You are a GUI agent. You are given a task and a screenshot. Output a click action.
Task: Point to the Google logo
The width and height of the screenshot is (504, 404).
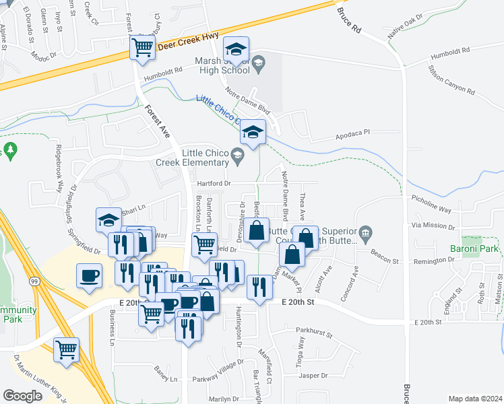[x=22, y=396]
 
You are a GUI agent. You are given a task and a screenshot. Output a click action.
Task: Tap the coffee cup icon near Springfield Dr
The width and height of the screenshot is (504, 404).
[x=89, y=276]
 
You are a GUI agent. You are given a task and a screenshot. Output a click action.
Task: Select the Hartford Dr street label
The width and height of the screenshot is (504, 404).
[x=214, y=183]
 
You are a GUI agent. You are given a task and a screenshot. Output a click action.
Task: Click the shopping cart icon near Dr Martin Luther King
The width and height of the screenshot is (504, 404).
[x=66, y=349]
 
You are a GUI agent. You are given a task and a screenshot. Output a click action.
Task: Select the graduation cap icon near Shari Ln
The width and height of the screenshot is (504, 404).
[x=108, y=220]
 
